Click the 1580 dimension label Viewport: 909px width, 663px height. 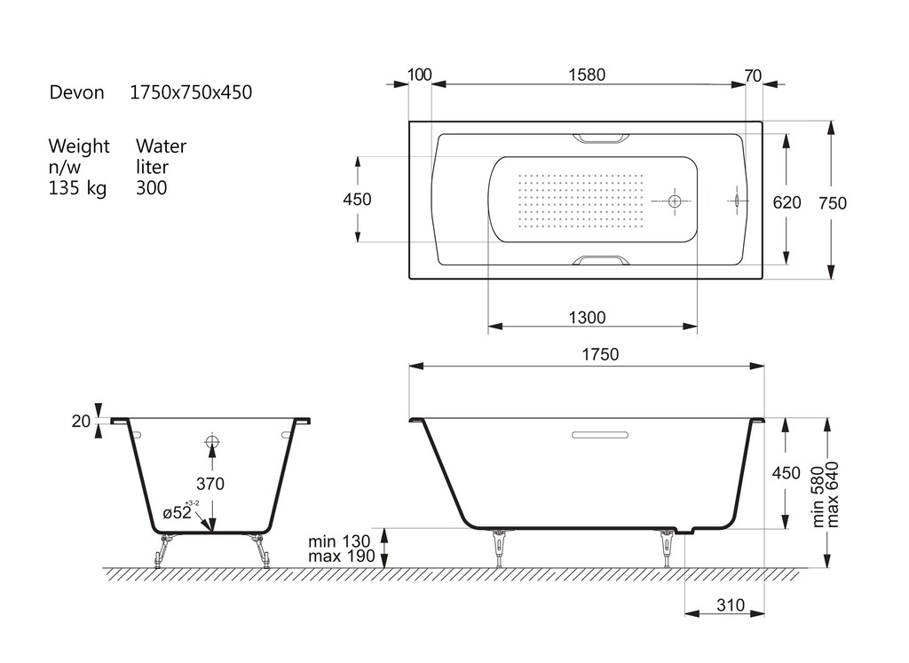point(587,75)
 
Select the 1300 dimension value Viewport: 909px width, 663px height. point(587,318)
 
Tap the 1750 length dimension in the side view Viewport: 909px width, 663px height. point(600,354)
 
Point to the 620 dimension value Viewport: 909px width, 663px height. point(786,202)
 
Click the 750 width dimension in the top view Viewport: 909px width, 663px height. point(833,203)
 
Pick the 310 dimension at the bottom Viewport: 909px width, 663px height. point(731,605)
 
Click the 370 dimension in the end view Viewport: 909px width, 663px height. point(209,484)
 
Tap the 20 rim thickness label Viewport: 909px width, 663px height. point(81,422)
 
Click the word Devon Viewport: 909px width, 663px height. point(76,92)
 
